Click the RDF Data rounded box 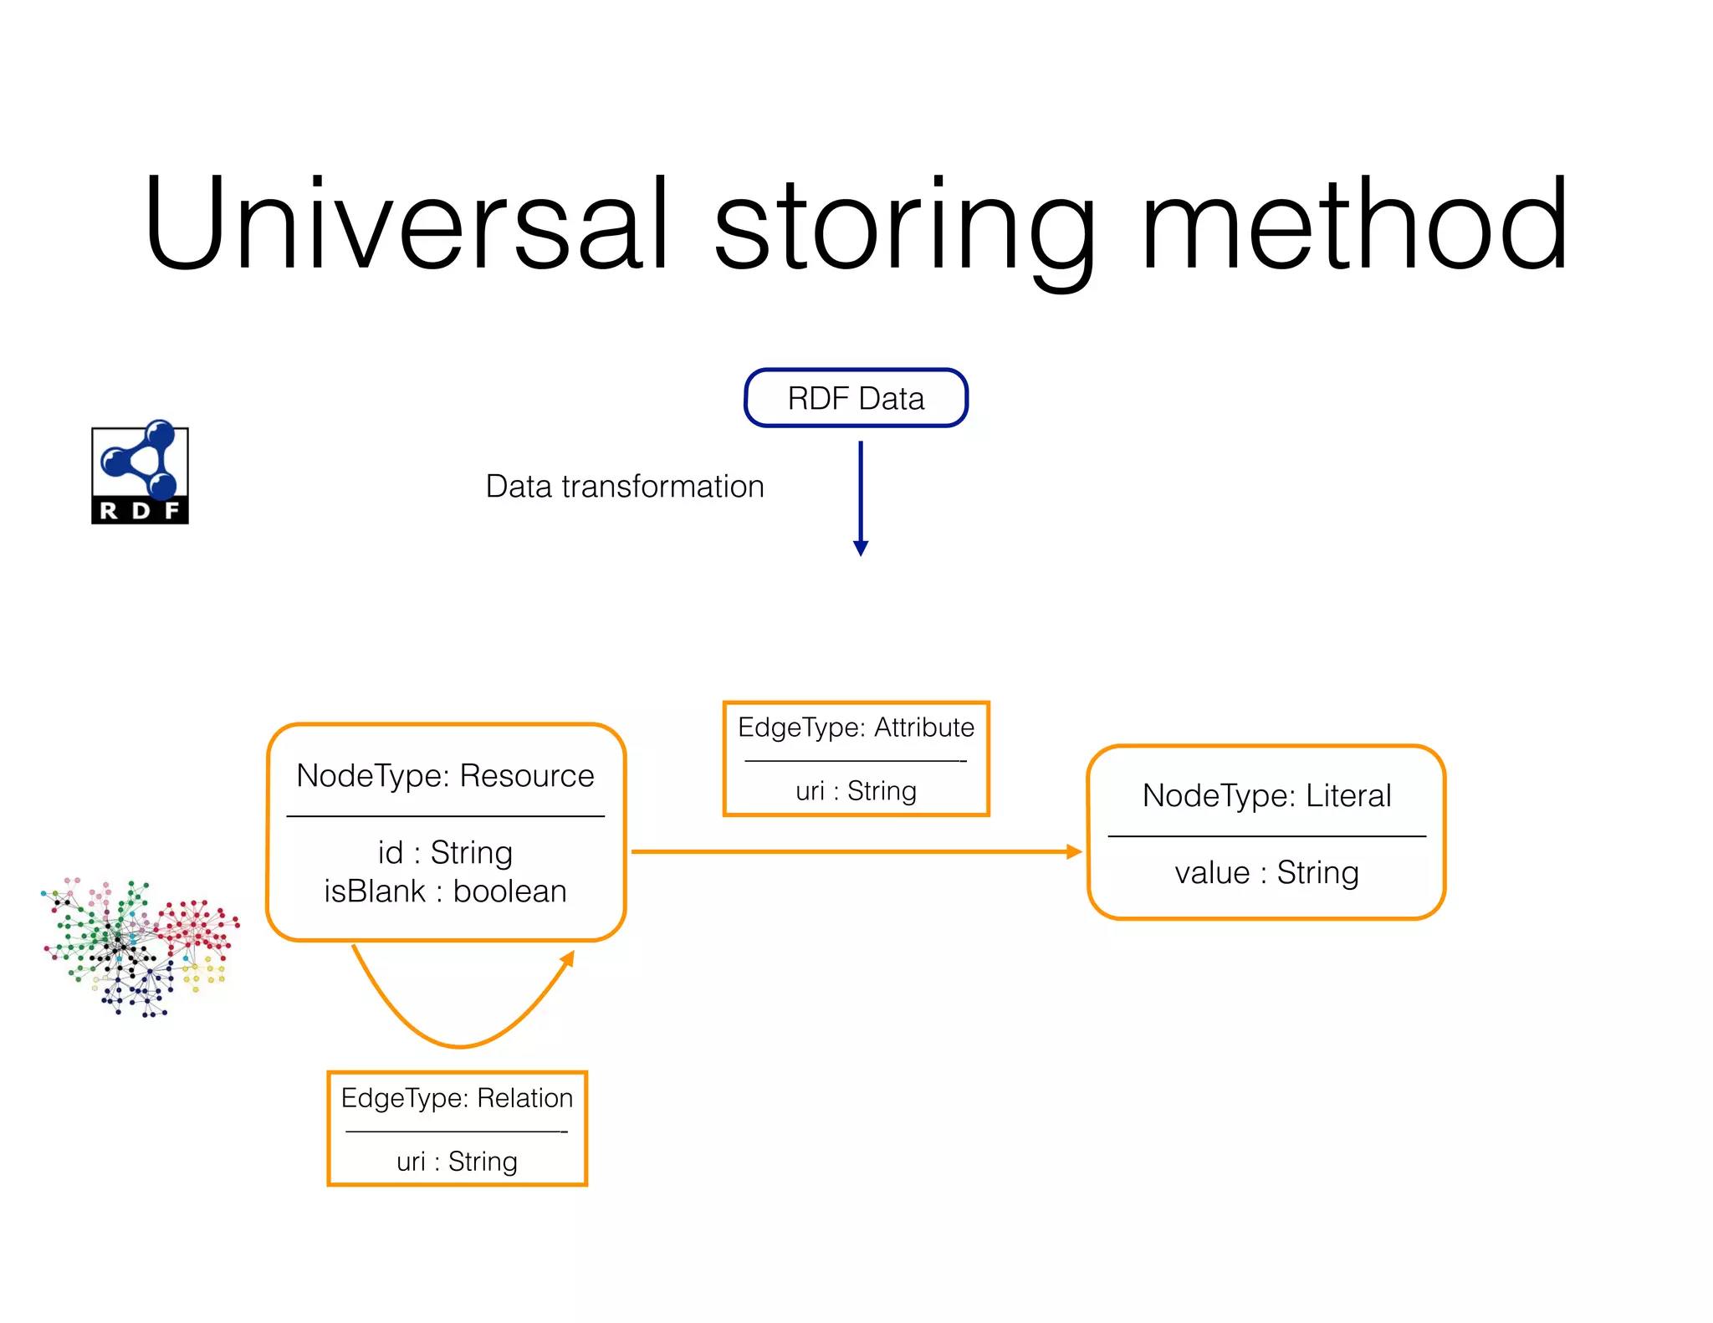856,398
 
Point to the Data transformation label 625,487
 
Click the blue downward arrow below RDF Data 861,498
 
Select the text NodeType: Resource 445,776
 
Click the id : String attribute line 445,853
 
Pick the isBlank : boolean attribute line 445,891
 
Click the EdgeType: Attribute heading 856,728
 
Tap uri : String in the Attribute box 856,791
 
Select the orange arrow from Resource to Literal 853,852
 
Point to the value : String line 1266,873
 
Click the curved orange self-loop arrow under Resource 460,1045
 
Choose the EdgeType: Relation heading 457,1098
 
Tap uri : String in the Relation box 457,1162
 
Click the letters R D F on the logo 140,511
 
